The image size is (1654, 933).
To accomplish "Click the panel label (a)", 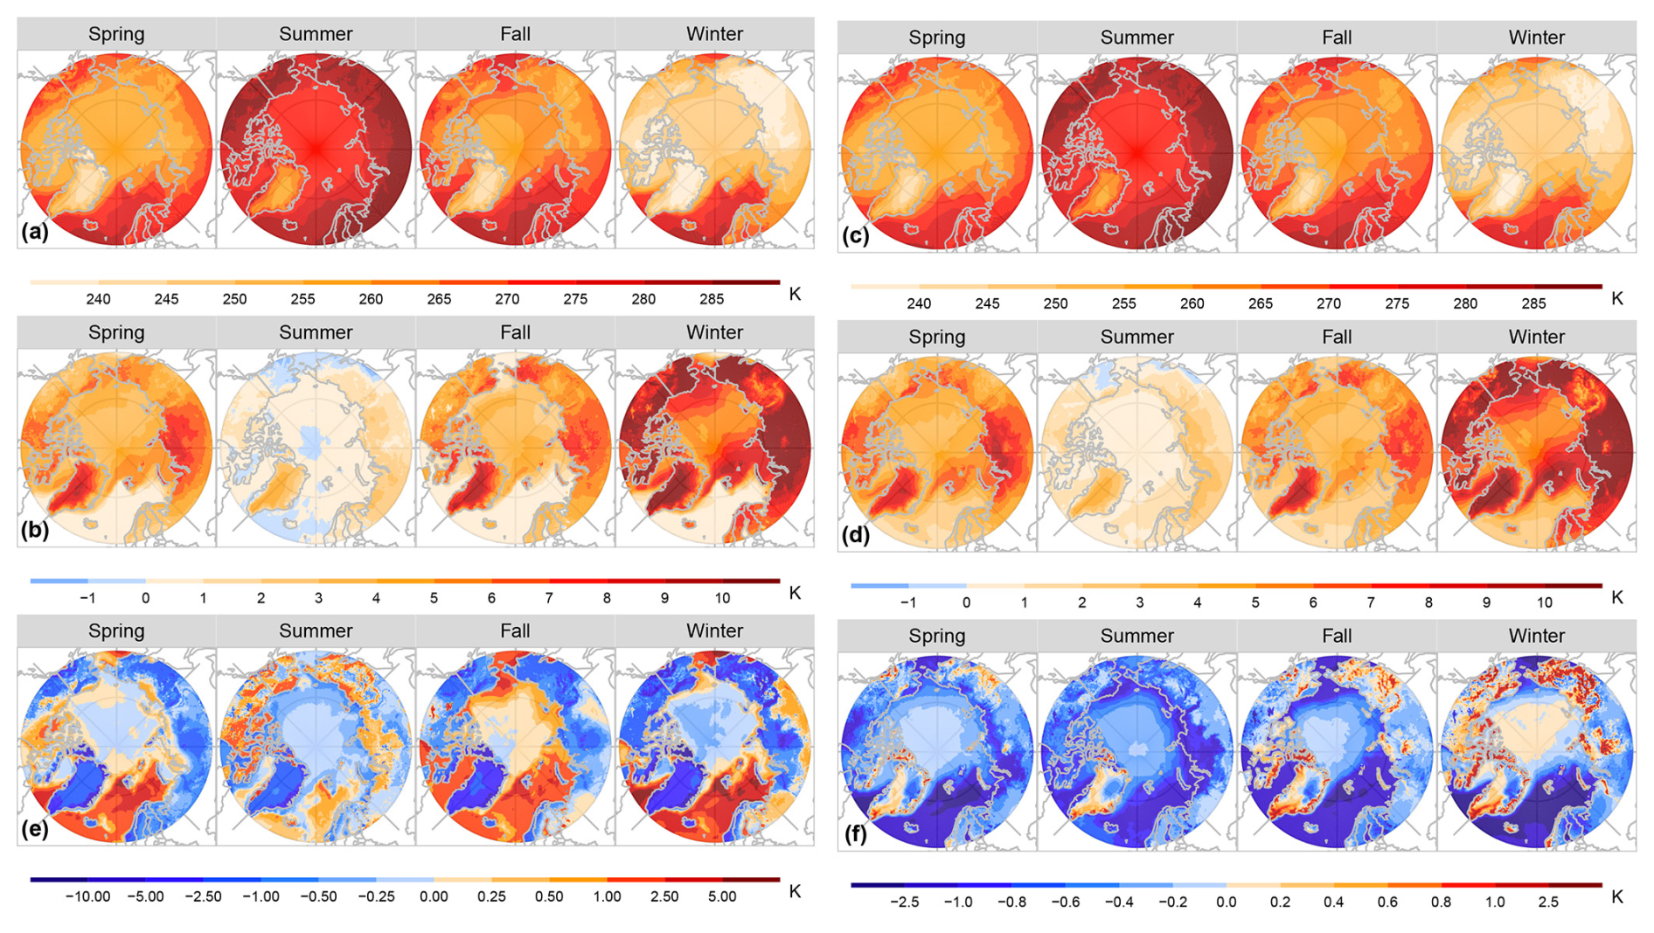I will tap(35, 232).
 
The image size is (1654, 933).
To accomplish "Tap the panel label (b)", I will tap(35, 531).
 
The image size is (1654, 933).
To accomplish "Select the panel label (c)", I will tap(855, 236).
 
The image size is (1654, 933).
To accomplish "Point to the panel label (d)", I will tap(855, 535).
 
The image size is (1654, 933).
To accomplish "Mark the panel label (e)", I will tap(35, 829).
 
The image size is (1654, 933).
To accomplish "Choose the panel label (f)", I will tap(855, 834).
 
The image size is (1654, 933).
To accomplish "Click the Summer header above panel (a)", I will tap(316, 34).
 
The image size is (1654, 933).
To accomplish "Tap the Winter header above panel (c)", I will tap(1536, 38).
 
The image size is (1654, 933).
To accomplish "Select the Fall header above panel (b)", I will tap(515, 332).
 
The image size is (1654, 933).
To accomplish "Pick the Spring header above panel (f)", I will tap(936, 636).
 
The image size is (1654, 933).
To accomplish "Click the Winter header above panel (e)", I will tap(714, 630).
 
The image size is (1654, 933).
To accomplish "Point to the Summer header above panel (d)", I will tap(1136, 337).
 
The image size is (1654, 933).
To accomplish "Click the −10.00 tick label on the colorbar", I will tap(87, 896).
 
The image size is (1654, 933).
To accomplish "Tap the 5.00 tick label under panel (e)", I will tap(721, 896).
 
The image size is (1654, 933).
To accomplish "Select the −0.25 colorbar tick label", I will tap(376, 896).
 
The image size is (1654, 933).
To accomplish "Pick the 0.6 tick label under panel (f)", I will tap(1387, 902).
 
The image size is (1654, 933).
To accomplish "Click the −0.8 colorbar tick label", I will tap(1011, 902).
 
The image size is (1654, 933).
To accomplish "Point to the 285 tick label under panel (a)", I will tap(712, 299).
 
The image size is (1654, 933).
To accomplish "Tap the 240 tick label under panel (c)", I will tap(919, 303).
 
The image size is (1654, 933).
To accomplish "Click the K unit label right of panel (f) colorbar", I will tap(1617, 896).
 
